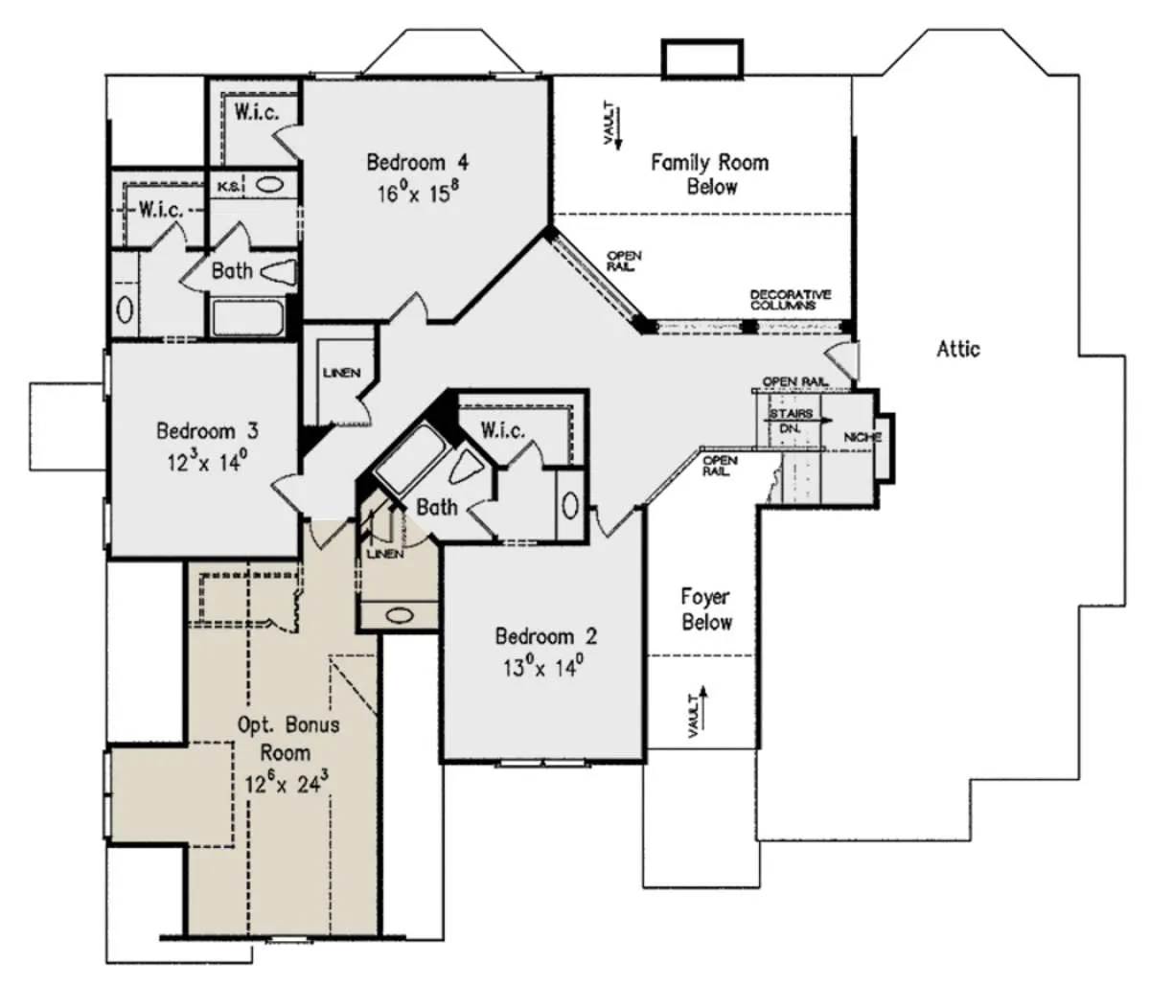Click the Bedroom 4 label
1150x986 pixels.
click(417, 163)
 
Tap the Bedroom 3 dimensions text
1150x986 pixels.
click(207, 461)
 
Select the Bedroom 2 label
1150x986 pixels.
click(546, 636)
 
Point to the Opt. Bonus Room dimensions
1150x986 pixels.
click(287, 783)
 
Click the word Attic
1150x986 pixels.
click(958, 350)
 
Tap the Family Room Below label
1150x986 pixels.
click(710, 174)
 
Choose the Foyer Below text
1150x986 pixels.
click(706, 609)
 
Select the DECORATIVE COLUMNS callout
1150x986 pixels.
click(790, 300)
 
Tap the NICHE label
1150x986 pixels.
click(862, 437)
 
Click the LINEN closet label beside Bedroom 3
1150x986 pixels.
click(341, 373)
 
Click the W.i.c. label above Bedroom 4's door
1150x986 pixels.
click(257, 112)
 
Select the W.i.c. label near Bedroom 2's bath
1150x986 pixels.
click(502, 429)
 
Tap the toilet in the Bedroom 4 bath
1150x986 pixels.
click(278, 273)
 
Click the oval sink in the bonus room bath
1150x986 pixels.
click(400, 615)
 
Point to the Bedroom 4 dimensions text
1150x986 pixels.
click(419, 192)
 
